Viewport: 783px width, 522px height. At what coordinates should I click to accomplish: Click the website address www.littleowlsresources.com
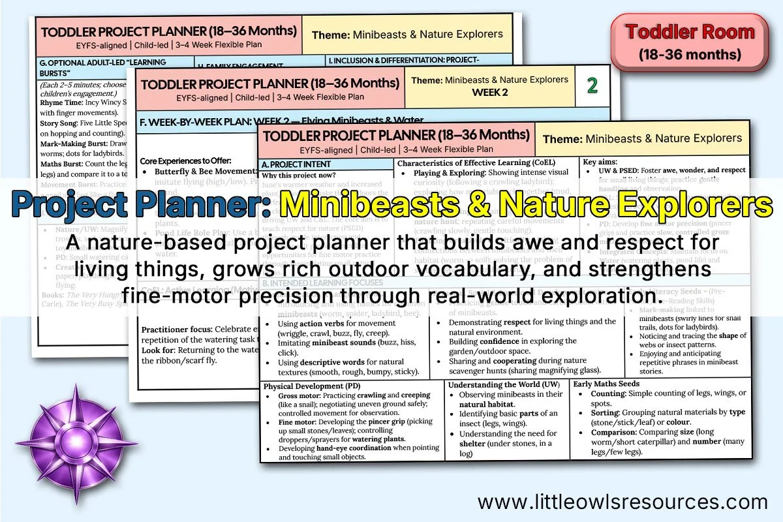622,501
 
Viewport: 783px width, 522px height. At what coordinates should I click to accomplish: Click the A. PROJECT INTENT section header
296,164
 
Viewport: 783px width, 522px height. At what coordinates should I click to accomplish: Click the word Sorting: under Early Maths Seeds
605,412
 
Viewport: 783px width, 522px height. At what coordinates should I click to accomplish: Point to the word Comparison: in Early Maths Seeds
614,432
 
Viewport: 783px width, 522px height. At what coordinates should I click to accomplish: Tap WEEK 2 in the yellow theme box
489,92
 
